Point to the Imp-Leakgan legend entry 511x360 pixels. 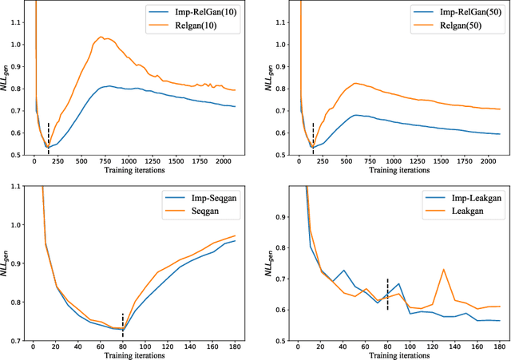458,198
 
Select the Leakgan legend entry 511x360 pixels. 450,212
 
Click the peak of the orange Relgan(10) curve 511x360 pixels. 101,37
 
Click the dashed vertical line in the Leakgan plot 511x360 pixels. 387,294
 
